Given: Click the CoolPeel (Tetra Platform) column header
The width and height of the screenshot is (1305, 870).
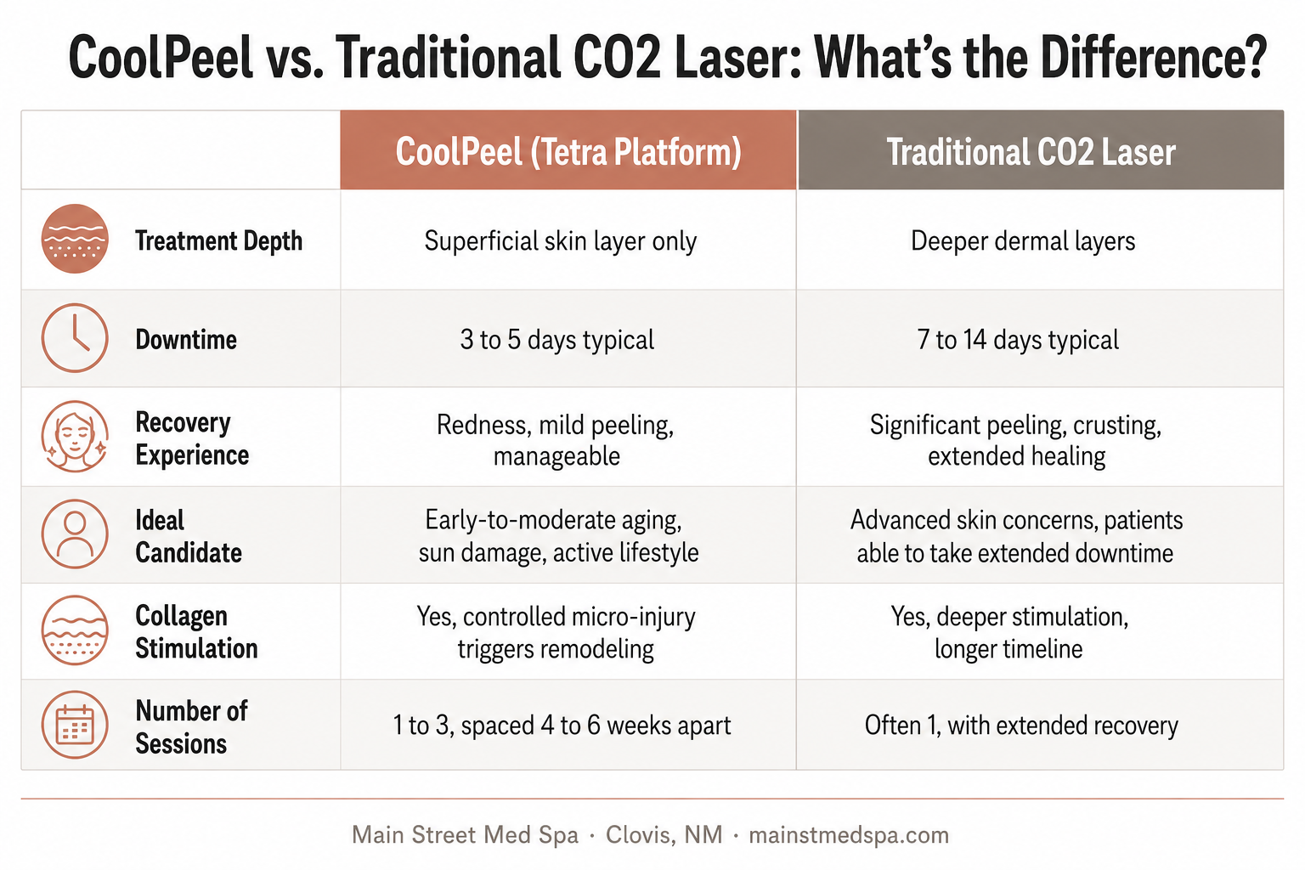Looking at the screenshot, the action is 568,150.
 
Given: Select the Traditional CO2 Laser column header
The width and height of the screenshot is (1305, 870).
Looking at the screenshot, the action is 1041,150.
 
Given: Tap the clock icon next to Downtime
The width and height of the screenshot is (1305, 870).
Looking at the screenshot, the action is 75,337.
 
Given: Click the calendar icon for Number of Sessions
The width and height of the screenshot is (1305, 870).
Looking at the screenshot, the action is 75,725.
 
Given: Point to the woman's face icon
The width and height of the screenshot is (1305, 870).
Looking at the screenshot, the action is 75,436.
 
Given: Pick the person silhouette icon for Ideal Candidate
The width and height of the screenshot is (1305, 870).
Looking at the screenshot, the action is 75,534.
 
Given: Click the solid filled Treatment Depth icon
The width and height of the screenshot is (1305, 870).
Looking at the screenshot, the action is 75,239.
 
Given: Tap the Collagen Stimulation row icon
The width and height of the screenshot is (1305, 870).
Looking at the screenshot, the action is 75,630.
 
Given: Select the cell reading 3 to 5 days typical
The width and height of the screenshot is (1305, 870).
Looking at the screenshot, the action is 557,339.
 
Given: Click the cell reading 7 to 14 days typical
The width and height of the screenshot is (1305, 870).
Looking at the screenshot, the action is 1018,339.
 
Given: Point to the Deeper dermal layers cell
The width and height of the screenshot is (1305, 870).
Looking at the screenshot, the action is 1023,240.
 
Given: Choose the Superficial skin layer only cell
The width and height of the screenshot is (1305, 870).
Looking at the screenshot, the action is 561,240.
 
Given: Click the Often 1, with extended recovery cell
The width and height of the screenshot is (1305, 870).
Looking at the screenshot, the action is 1021,726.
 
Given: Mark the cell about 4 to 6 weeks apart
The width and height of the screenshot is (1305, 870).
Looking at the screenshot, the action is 562,726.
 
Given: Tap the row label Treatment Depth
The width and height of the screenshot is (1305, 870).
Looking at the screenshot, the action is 218,240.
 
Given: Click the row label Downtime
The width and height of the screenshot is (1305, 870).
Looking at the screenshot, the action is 186,339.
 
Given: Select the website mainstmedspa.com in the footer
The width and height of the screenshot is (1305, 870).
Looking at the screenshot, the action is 849,835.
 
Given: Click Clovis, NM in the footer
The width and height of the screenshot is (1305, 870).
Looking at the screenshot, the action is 664,835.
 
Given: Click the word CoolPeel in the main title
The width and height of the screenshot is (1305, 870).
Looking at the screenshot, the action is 161,57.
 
